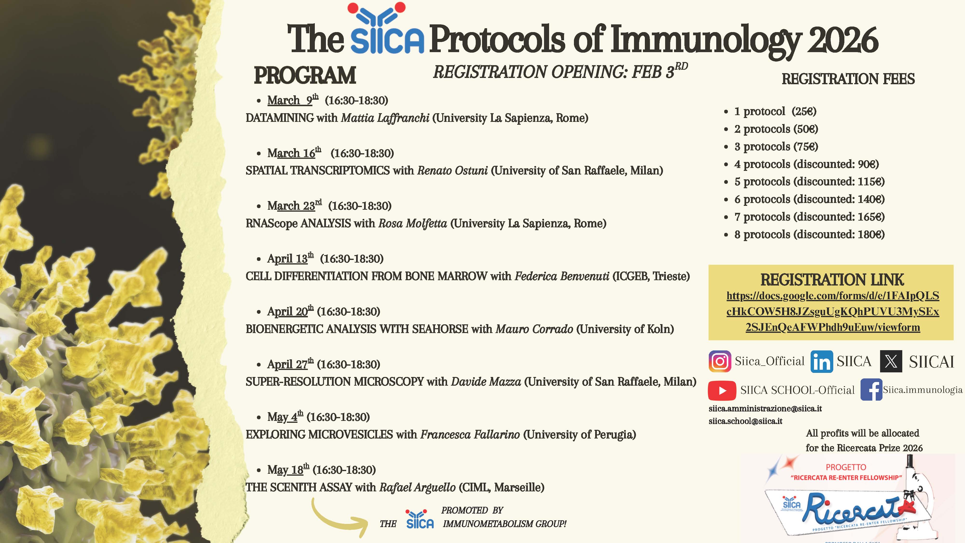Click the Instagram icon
click(720, 361)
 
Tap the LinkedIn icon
click(821, 362)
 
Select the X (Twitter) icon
click(891, 361)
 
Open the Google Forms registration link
click(833, 311)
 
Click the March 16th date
click(294, 153)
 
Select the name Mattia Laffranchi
click(385, 118)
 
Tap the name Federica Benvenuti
click(562, 276)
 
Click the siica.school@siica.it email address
click(745, 421)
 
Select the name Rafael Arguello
click(417, 487)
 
